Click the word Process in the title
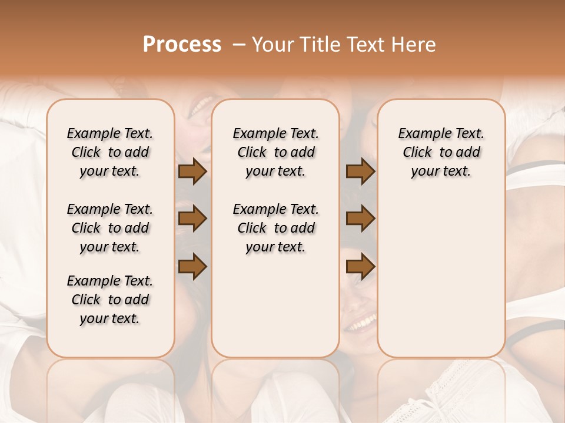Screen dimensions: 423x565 coord(182,45)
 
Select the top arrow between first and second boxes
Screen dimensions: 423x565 coord(192,172)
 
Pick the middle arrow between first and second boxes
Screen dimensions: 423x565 coord(192,219)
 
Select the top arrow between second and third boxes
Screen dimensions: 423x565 coord(360,172)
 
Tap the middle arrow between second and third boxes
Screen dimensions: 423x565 coord(360,219)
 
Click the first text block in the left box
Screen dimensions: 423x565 coord(110,153)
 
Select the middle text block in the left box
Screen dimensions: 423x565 coord(110,228)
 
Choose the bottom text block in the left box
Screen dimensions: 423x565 coord(110,300)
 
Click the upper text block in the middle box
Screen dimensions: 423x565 coord(275,153)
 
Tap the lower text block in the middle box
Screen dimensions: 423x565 coord(275,228)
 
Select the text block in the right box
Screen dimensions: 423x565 coord(441,153)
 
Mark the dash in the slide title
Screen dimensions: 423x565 coord(239,45)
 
